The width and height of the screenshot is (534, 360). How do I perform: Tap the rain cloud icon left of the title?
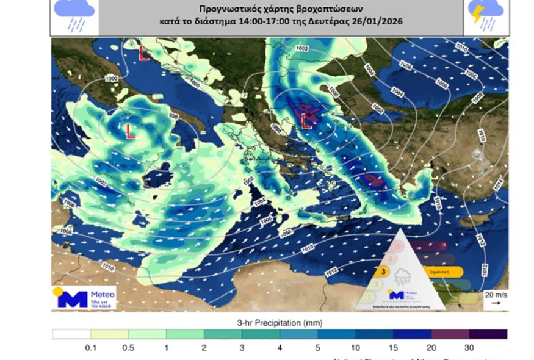click(74, 15)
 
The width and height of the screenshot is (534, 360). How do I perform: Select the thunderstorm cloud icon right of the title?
click(486, 15)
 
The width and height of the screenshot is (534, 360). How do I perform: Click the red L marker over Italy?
click(130, 131)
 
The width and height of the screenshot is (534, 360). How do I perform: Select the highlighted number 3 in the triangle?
click(383, 272)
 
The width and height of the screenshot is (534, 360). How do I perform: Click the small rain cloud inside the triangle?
click(403, 276)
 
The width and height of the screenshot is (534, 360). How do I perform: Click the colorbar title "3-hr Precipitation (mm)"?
click(279, 323)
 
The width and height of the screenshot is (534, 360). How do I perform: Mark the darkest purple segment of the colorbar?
click(488, 334)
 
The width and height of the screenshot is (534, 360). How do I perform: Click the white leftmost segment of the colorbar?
click(71, 334)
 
